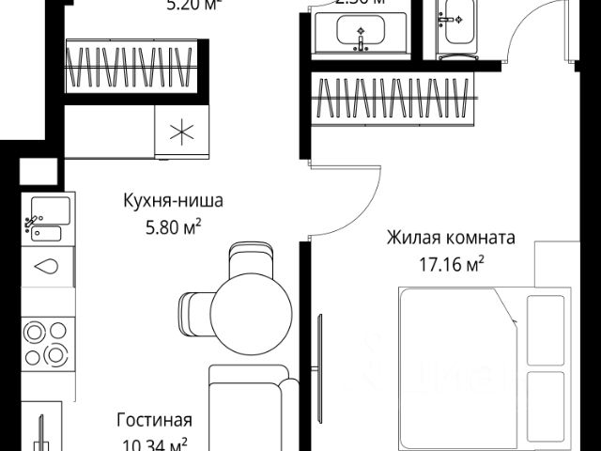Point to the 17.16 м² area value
click(451, 263)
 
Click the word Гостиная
click(154, 419)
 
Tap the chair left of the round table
click(194, 314)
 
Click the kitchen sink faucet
click(34, 222)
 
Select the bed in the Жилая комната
click(479, 366)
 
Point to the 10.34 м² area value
click(154, 443)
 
